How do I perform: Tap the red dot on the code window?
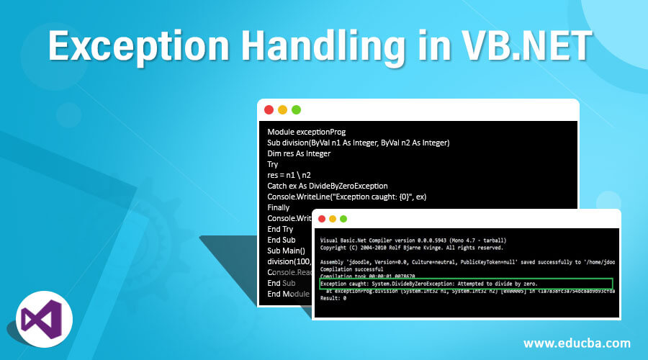[269, 110]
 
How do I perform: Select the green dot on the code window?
[296, 110]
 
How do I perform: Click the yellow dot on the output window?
[332, 219]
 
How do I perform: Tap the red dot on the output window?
[320, 219]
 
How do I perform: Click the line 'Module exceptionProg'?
[307, 132]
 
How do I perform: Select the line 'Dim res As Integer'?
[299, 153]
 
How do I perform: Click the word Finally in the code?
[279, 207]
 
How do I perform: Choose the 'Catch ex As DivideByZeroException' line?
[328, 186]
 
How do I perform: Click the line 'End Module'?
[287, 294]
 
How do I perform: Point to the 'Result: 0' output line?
[333, 298]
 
